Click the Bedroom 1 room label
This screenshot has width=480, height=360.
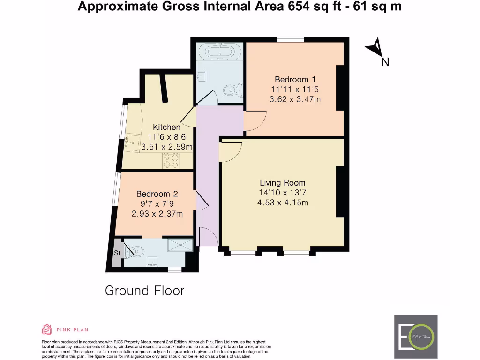tap(292, 79)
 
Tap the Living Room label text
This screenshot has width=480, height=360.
tap(282, 183)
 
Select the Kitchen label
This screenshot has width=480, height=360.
tap(166, 127)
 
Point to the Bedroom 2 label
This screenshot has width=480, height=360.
tap(157, 194)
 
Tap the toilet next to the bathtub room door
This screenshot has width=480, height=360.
tap(232, 89)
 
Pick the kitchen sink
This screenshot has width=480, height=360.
tap(133, 142)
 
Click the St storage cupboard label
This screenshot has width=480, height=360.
tap(117, 253)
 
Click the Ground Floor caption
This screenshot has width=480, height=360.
tap(144, 291)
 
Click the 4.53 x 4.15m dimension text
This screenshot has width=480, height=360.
tap(282, 202)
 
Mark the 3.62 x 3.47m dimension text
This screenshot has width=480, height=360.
tap(295, 99)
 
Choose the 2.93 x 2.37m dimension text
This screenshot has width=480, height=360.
tap(157, 214)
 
